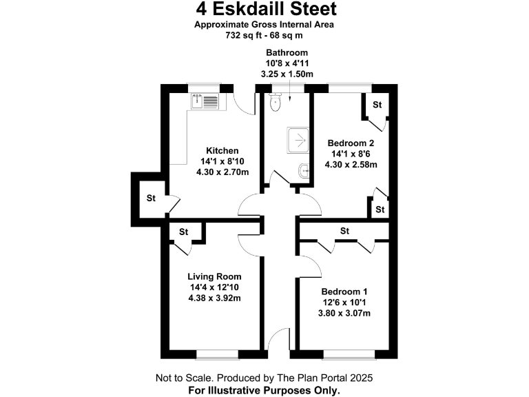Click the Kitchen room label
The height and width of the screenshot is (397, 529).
[222, 151]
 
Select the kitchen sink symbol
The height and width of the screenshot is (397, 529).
[205, 101]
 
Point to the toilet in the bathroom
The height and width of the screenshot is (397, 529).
[276, 103]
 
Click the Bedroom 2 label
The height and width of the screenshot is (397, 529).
[351, 143]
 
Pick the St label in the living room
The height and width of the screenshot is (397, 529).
[184, 232]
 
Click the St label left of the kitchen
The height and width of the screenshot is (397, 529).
[150, 198]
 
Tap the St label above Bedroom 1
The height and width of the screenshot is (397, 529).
[345, 231]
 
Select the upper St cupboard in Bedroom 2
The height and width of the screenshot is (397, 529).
[377, 105]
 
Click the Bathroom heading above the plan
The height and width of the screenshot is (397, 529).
[287, 53]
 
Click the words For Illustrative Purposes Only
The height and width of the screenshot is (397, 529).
[264, 390]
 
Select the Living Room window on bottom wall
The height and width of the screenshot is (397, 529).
[216, 354]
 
